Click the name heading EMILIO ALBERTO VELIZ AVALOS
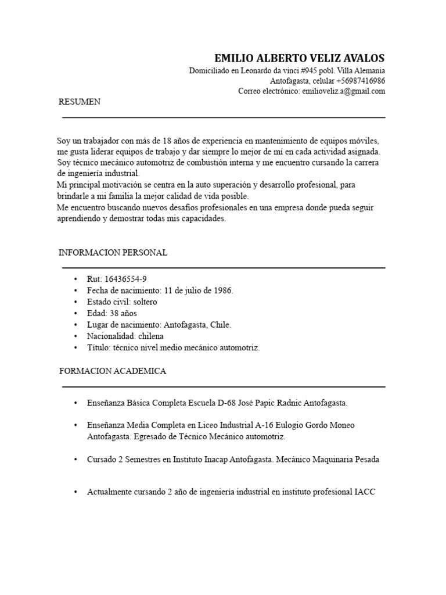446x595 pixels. click(299, 59)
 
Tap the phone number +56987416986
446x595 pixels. click(358, 81)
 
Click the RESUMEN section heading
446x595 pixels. click(80, 102)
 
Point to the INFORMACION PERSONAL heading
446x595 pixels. click(113, 253)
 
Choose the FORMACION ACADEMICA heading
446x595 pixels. click(113, 371)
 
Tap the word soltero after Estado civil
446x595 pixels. click(145, 302)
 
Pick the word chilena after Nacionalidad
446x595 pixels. click(149, 336)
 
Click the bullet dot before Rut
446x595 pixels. click(75, 279)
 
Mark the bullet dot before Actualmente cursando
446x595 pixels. click(75, 492)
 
